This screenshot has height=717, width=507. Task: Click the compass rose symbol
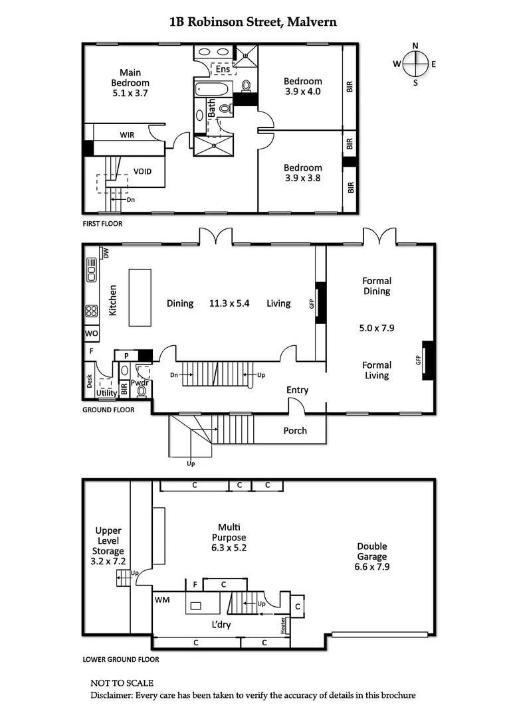[x=415, y=64]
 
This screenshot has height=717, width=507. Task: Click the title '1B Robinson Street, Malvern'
[x=253, y=21]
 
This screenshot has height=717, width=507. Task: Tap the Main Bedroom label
[x=130, y=78]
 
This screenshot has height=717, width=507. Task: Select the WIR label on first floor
[x=127, y=135]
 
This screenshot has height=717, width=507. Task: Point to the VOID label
[x=142, y=171]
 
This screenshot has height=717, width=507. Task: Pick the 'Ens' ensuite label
[x=223, y=69]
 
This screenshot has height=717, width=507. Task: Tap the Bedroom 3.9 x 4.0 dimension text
[x=302, y=92]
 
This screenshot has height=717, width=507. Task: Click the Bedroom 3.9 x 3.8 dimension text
[x=302, y=178]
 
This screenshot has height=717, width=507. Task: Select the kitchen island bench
[x=140, y=297]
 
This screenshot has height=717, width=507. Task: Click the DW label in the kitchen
[x=105, y=252]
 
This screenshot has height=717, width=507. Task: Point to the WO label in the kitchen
[x=91, y=333]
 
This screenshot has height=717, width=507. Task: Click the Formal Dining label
[x=376, y=286]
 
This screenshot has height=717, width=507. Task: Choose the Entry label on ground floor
[x=297, y=390]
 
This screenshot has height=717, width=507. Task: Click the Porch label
[x=295, y=430]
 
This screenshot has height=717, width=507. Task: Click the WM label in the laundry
[x=162, y=599]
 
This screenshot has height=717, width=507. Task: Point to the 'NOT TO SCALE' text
[x=122, y=682]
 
